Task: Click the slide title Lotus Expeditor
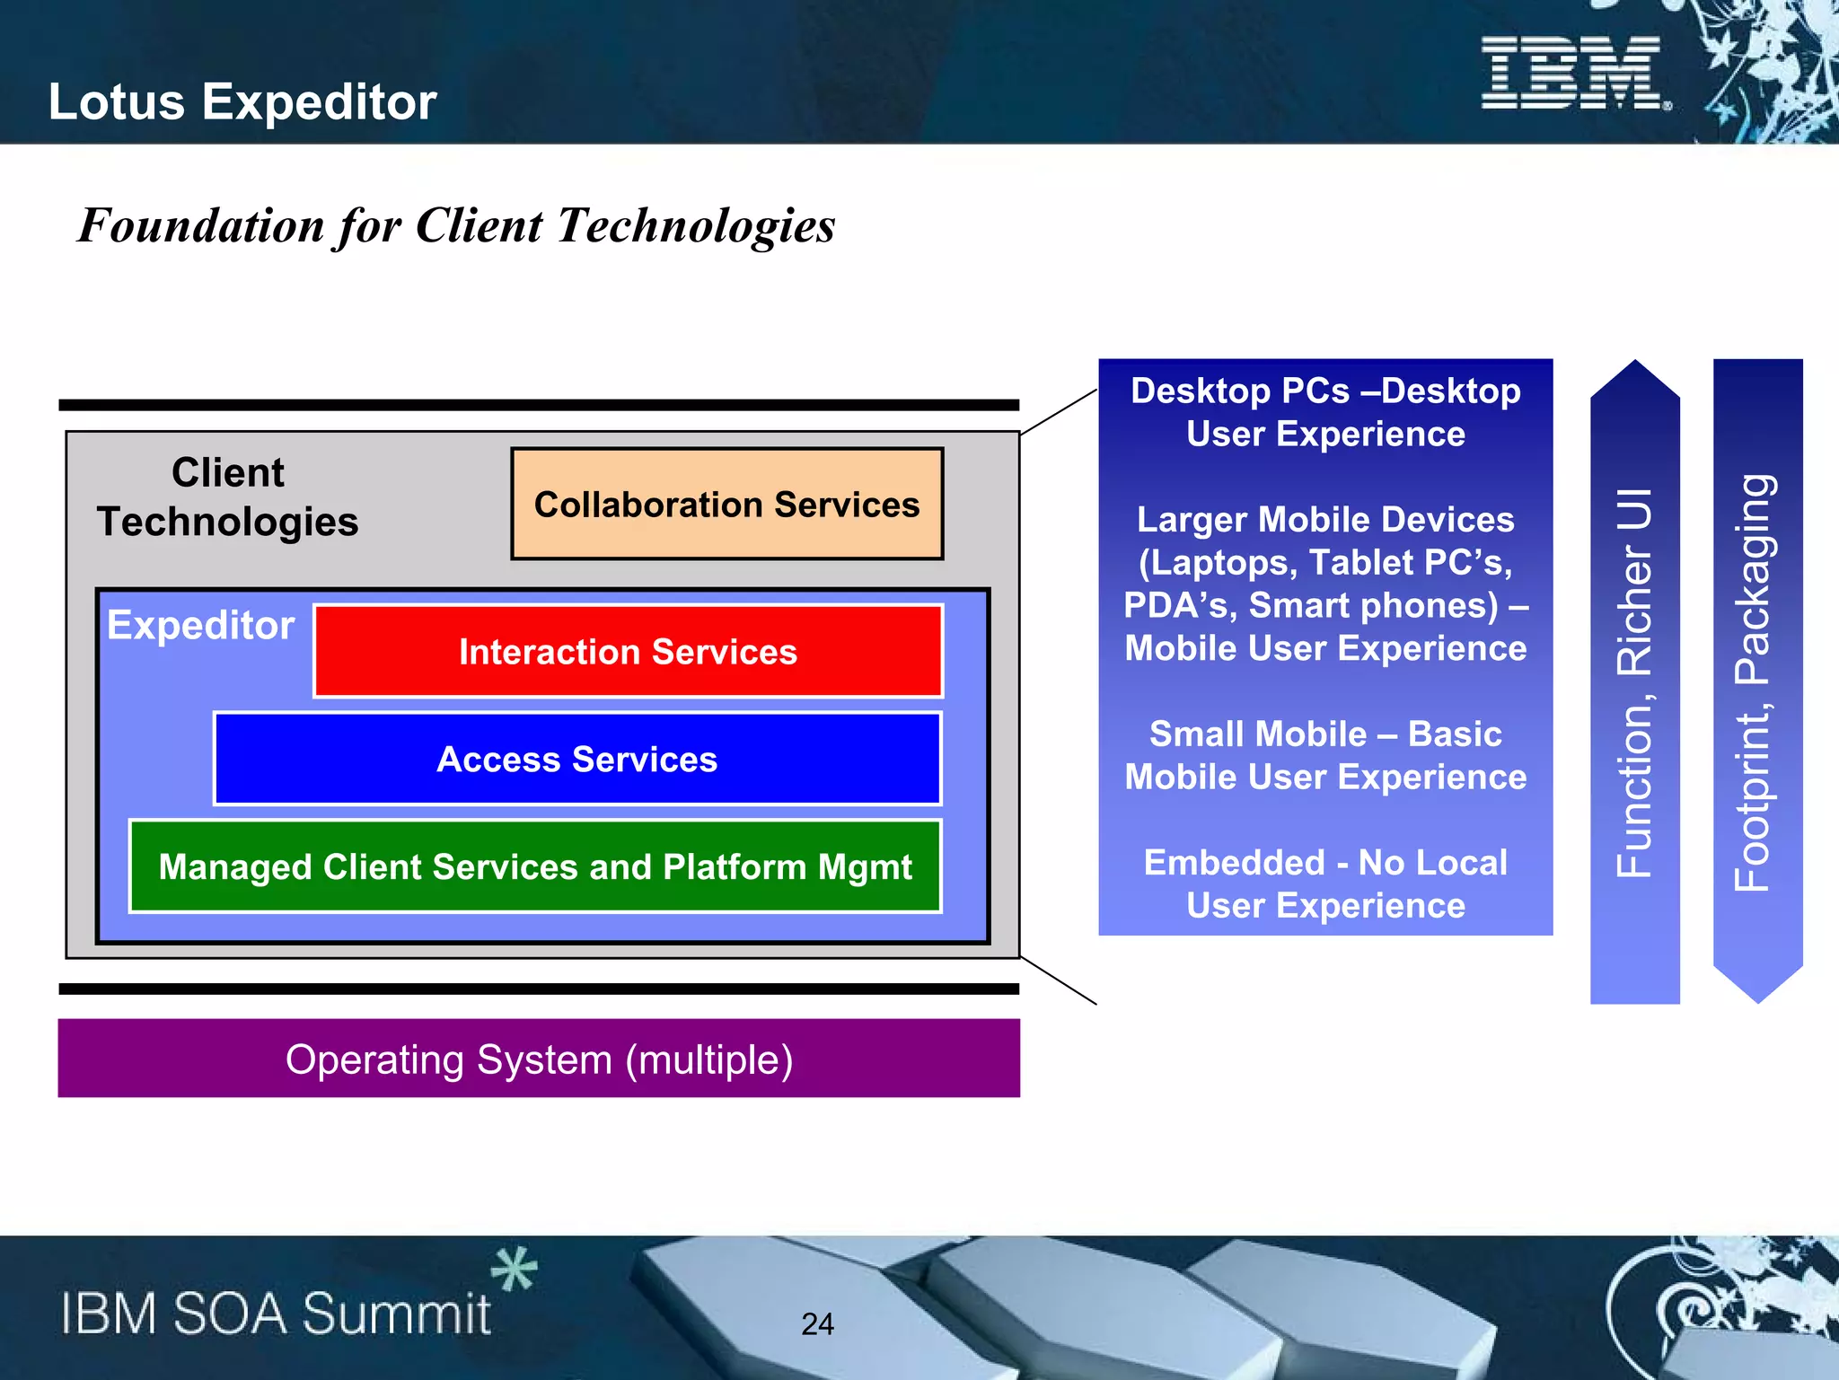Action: pos(242,101)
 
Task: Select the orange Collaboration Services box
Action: pos(726,504)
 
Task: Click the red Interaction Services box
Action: pos(628,651)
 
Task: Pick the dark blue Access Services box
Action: pos(577,759)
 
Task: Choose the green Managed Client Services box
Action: pos(535,866)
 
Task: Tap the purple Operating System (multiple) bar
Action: pos(539,1059)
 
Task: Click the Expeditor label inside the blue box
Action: pos(200,624)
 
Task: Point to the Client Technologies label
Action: pos(228,497)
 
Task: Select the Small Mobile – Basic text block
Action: pos(1325,755)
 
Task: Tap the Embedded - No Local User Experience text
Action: pos(1325,883)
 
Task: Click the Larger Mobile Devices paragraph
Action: pos(1325,584)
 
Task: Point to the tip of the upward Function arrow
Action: pos(1635,365)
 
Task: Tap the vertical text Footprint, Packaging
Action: pos(1753,682)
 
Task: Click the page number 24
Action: pos(817,1323)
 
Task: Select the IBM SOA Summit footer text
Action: pos(276,1314)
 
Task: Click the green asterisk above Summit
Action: pos(514,1269)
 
